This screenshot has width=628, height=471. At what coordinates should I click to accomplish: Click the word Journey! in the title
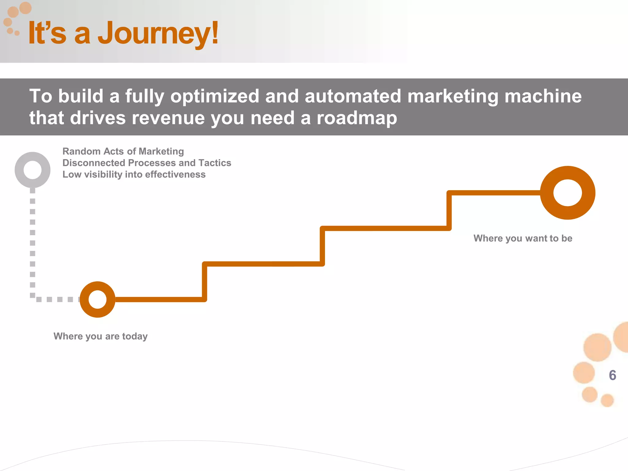(x=158, y=33)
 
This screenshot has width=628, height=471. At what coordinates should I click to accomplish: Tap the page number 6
(x=612, y=375)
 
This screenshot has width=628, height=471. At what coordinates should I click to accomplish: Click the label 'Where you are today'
(x=101, y=336)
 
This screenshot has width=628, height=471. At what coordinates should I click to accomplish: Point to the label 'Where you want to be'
(x=523, y=239)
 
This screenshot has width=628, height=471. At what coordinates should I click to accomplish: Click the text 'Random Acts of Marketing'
(x=123, y=151)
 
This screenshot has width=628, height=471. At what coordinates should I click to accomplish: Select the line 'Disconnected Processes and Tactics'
(x=147, y=163)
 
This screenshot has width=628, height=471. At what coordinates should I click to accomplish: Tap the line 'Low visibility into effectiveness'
(x=134, y=174)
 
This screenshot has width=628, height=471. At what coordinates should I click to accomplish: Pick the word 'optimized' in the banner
(x=215, y=96)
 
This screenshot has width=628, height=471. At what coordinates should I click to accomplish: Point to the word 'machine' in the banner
(x=543, y=96)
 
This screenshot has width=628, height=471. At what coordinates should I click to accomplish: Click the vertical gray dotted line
(x=33, y=242)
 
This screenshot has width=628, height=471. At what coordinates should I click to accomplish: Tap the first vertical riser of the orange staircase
(x=205, y=281)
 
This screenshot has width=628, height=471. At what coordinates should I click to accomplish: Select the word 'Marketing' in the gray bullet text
(x=162, y=151)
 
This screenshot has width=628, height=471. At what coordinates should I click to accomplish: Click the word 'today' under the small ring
(x=135, y=336)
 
